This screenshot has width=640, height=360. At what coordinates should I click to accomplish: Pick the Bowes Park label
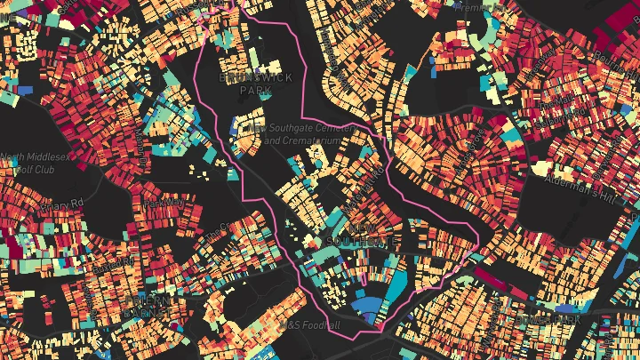(x=558, y=318)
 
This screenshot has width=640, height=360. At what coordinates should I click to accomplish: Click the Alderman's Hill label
(x=604, y=189)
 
